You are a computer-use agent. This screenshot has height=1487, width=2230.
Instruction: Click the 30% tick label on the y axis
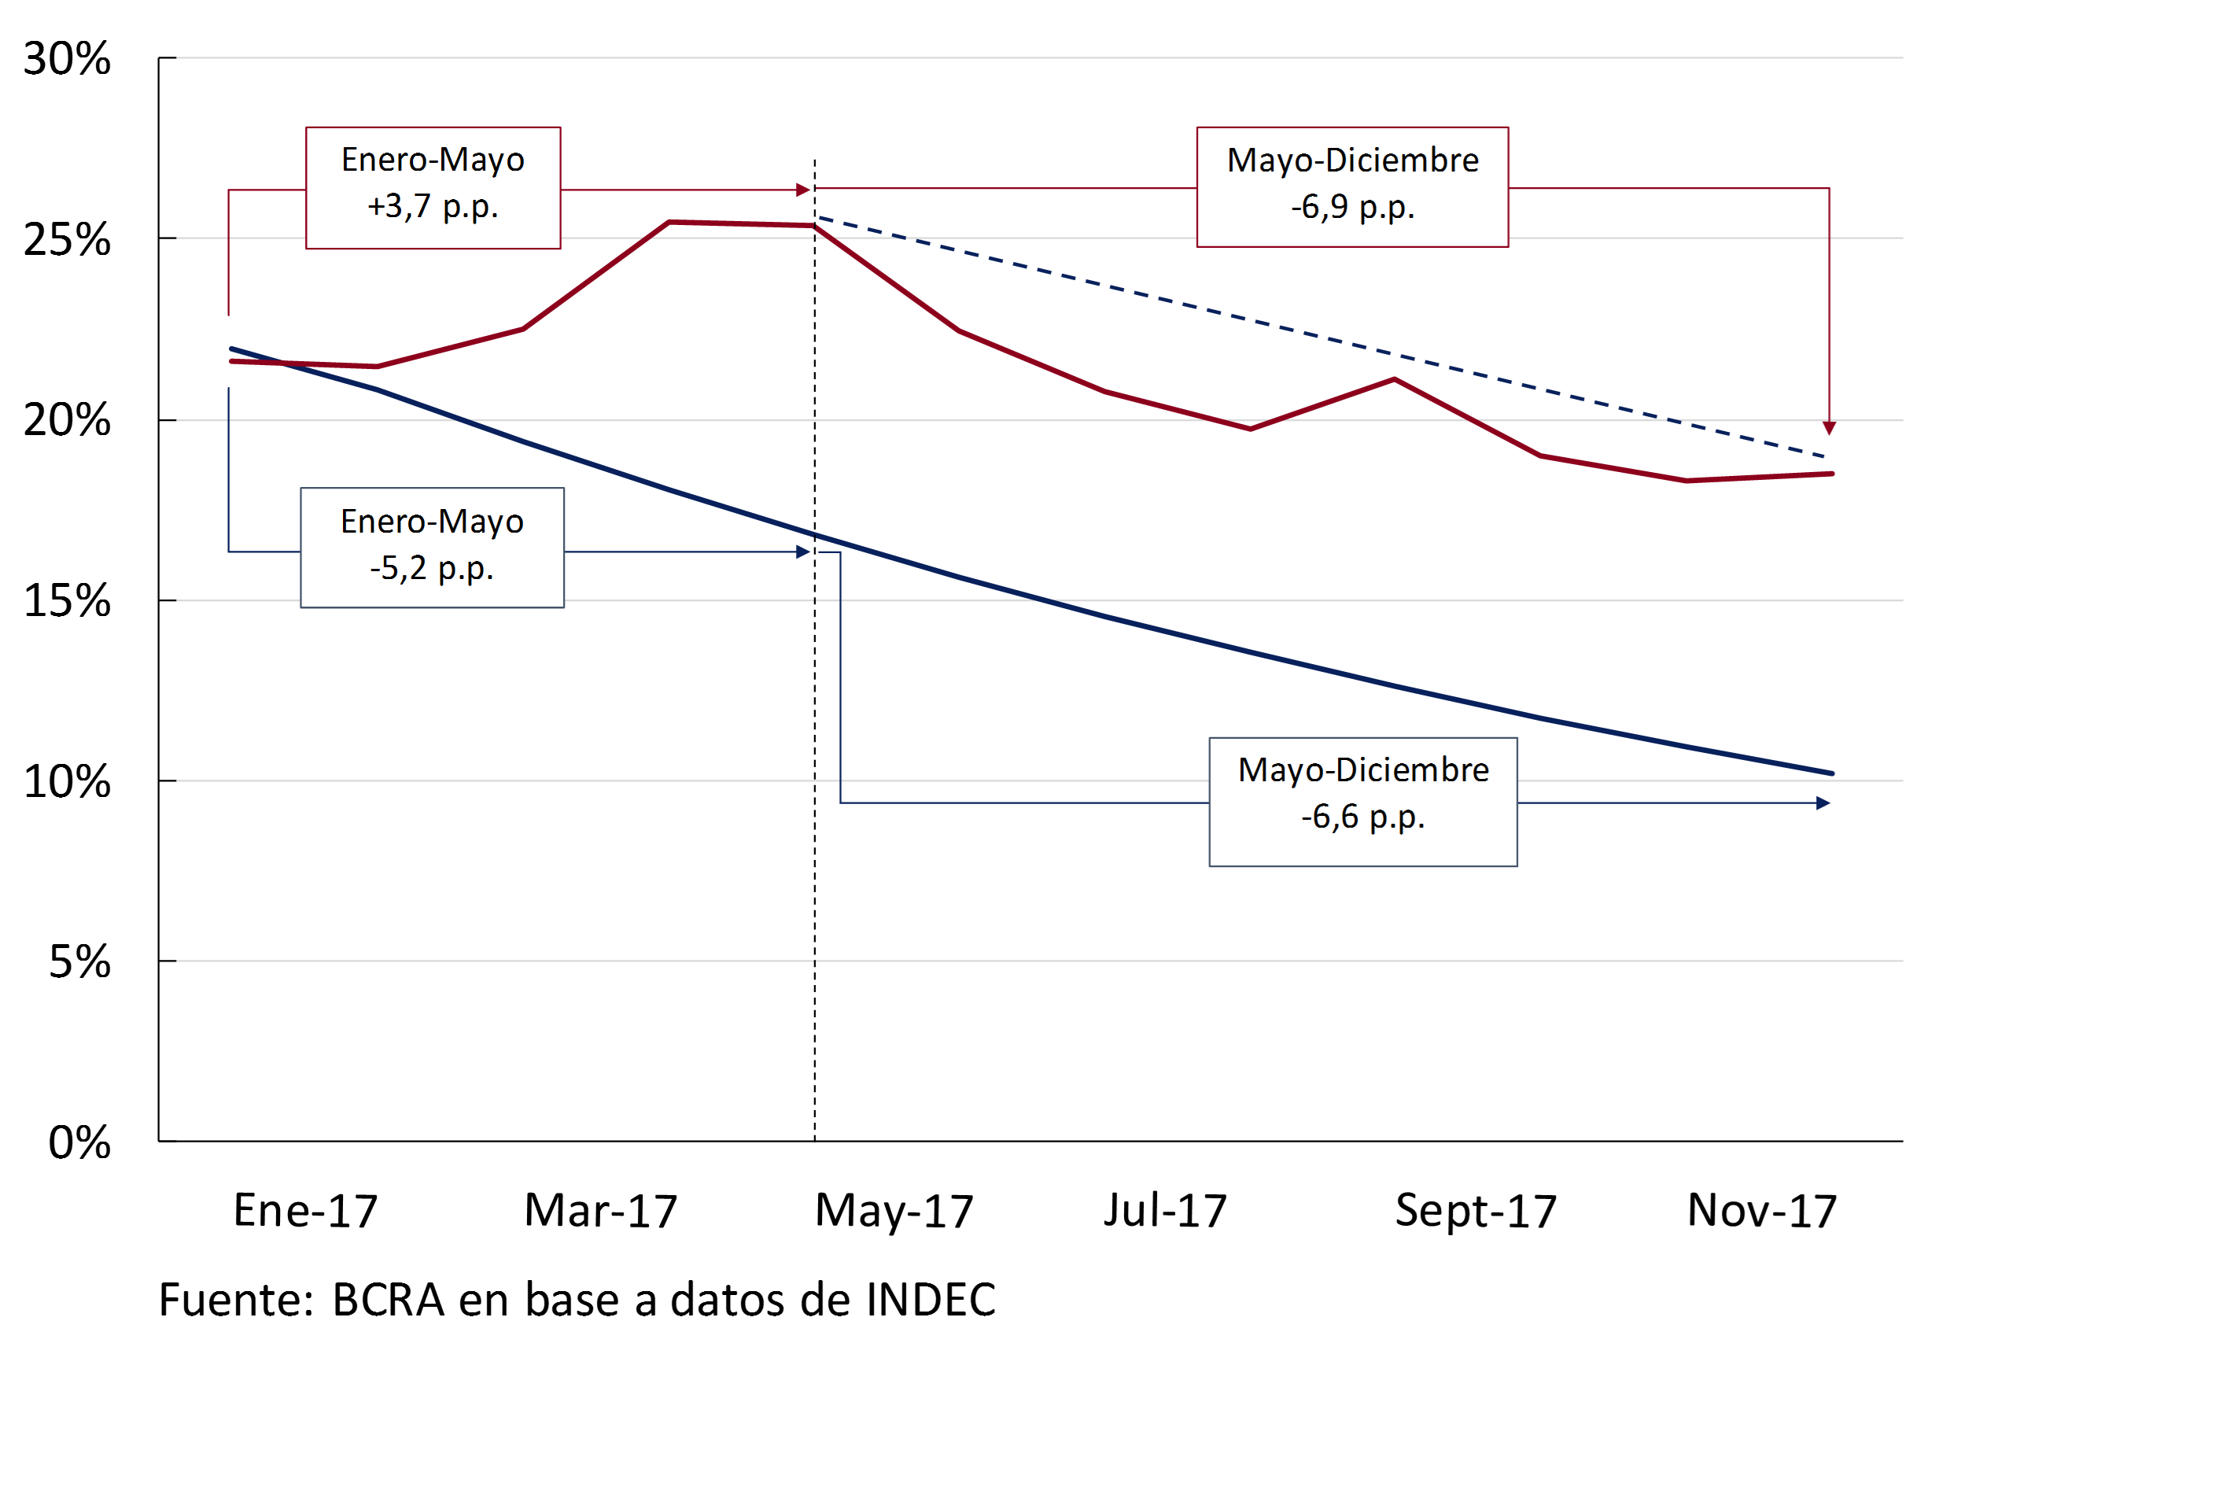click(66, 59)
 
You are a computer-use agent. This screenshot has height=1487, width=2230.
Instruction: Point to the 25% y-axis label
click(66, 240)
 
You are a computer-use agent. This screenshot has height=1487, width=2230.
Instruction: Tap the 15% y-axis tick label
click(66, 601)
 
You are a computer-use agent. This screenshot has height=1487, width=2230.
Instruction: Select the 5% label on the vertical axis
click(79, 962)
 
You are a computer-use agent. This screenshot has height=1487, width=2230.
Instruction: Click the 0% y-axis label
click(79, 1142)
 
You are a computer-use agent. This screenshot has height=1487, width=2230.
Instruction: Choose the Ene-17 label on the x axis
click(305, 1211)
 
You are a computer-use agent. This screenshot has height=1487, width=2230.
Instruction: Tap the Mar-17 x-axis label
click(600, 1211)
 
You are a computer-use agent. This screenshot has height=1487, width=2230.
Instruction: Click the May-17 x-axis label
click(894, 1211)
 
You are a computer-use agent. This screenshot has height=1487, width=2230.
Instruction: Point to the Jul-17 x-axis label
click(1164, 1211)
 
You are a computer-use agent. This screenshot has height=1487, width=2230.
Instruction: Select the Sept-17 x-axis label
click(1476, 1211)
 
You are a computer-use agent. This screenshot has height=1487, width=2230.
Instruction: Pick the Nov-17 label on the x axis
click(1762, 1211)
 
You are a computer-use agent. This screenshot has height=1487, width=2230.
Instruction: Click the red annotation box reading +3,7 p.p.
click(433, 188)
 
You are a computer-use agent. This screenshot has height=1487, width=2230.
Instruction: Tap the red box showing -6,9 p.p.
click(1352, 186)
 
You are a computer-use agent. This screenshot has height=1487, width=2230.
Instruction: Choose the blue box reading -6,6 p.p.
click(1362, 802)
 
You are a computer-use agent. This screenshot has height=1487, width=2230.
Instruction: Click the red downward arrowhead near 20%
click(1829, 429)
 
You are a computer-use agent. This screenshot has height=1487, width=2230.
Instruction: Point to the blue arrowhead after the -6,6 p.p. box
click(1823, 803)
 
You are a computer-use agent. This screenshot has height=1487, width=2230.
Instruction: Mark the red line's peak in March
click(669, 222)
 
